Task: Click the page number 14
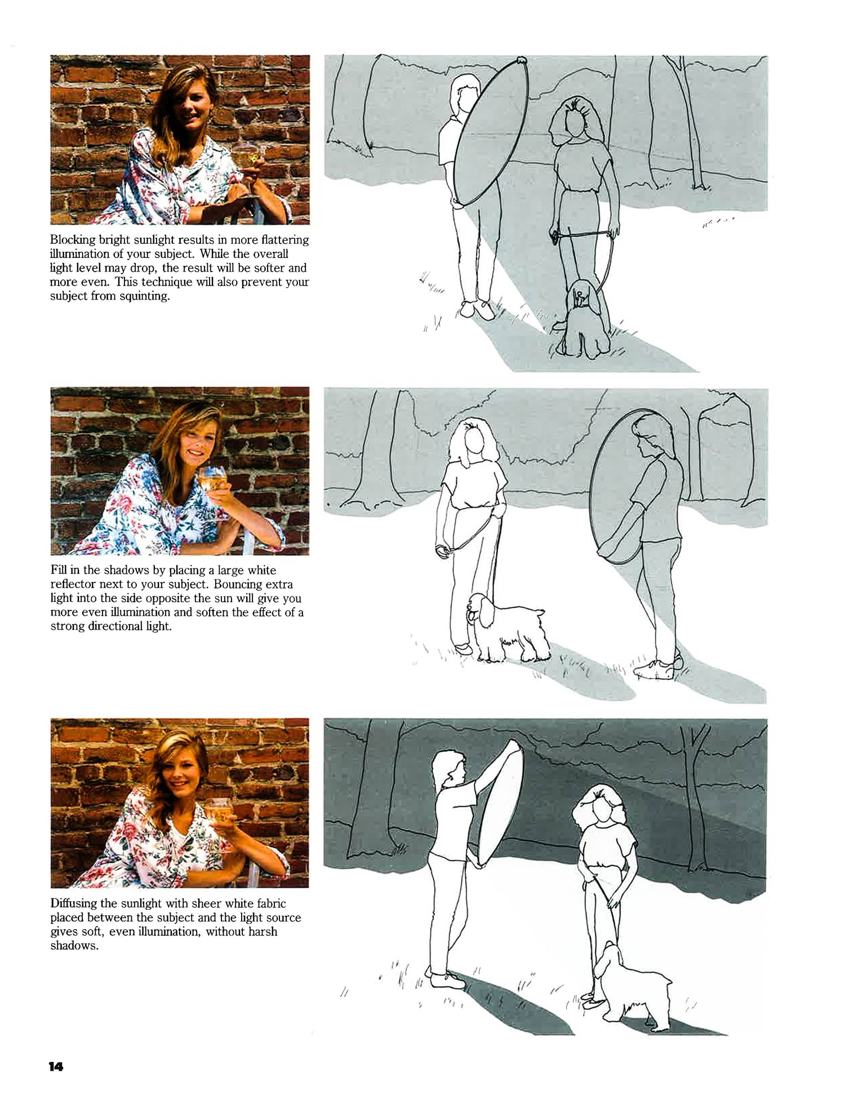tap(56, 1066)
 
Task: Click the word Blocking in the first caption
tap(72, 241)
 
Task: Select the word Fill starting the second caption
tap(58, 569)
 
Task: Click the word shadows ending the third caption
tap(74, 945)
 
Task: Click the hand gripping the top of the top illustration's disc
tap(522, 59)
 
